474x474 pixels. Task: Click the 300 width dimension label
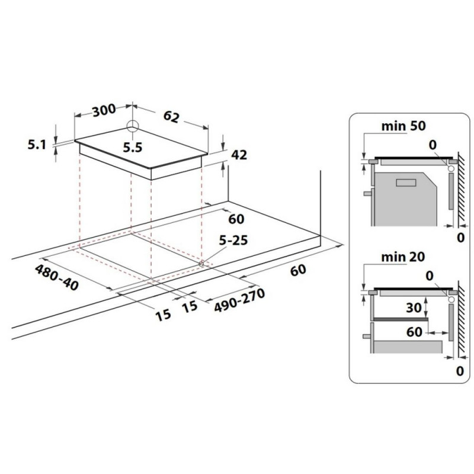(x=104, y=110)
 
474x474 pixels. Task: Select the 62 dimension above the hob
(x=171, y=117)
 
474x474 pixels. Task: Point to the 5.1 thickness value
(x=37, y=145)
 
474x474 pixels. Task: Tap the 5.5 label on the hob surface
(x=132, y=148)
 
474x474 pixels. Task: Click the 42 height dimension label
(x=239, y=155)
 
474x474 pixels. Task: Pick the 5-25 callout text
(x=233, y=241)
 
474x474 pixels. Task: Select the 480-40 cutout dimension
(x=57, y=277)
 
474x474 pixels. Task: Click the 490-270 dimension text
(x=239, y=300)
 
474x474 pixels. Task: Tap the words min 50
(x=403, y=126)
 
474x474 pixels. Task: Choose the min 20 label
(x=403, y=257)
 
